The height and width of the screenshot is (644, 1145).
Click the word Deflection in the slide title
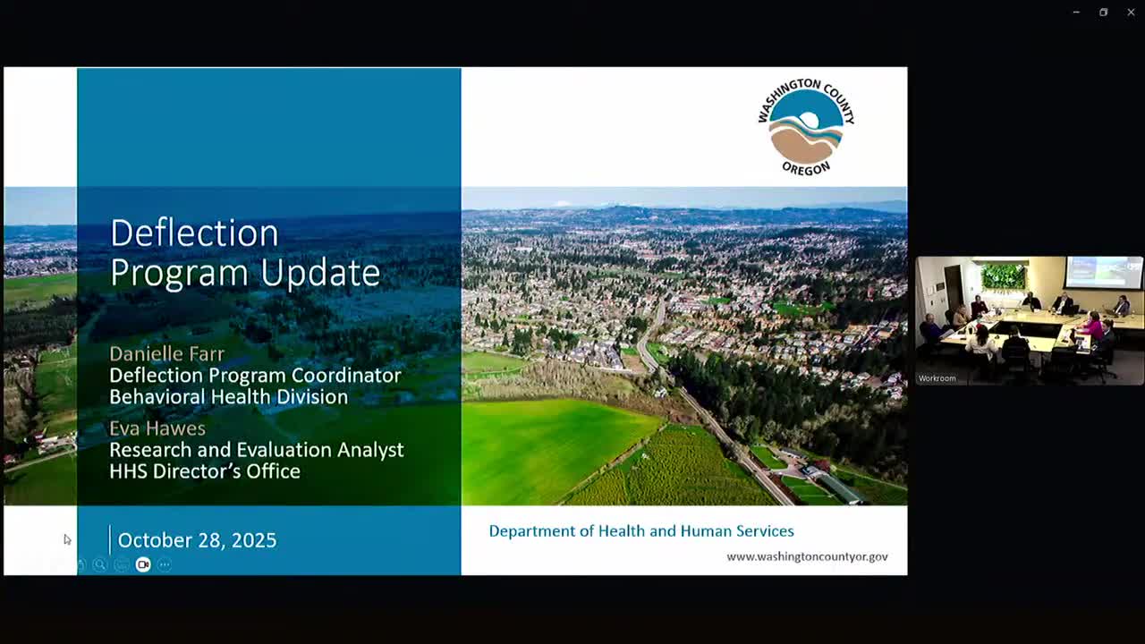tap(194, 233)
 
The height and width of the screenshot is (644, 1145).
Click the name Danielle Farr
tap(166, 353)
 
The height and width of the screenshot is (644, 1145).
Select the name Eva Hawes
tap(157, 428)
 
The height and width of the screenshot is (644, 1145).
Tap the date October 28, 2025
tap(197, 540)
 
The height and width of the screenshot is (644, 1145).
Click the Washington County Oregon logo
tap(805, 126)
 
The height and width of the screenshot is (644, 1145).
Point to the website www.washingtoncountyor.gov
tap(807, 556)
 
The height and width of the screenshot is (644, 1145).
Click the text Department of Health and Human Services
tap(640, 531)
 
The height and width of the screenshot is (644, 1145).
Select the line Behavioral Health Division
tap(228, 396)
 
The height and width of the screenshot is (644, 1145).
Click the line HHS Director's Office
tap(204, 471)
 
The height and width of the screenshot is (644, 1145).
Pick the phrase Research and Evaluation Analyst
tap(256, 450)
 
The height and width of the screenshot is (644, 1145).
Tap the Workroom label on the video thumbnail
tap(937, 378)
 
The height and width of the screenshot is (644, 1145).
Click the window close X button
tap(1131, 13)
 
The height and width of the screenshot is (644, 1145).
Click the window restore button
tap(1103, 13)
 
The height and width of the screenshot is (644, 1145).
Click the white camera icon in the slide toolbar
tap(143, 564)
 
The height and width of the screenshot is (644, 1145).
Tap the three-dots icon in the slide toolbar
tap(165, 564)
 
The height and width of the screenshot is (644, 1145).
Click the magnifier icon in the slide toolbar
tap(99, 564)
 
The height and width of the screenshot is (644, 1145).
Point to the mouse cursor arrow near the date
tap(67, 539)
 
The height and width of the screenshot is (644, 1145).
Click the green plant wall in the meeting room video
tap(1003, 275)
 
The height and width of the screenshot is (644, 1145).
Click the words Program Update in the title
tap(244, 273)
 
